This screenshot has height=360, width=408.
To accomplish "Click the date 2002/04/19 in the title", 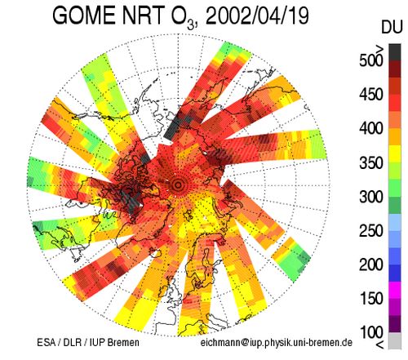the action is coord(256,16).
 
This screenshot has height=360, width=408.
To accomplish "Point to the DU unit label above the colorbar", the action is coord(392,27).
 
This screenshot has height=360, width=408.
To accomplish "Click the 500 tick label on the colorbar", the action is coord(371,60).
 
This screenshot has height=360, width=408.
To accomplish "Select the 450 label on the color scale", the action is coord(371,95).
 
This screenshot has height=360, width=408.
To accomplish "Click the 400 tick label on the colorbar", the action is coord(371,128).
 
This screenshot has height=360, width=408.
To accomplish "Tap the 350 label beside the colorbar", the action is coord(371,162).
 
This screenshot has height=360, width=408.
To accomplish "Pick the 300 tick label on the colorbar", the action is coord(371,197).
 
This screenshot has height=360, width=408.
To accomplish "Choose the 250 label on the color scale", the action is coord(371,231).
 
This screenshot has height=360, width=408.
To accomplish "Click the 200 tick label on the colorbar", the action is coord(371,264).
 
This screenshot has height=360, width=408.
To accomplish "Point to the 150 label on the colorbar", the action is coord(371,299).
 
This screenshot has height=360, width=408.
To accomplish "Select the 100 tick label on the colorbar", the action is coord(371,332).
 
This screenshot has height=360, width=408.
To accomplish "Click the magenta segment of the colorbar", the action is coord(395,290).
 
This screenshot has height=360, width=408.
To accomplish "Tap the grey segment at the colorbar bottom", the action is coord(395,340).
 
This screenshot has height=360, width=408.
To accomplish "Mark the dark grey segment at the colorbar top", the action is coord(395,52).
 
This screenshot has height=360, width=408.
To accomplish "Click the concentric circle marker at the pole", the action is coord(179,185).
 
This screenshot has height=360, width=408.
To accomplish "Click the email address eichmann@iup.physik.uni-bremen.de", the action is coord(277,343).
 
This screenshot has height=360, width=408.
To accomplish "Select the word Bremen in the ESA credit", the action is coord(123,342).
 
